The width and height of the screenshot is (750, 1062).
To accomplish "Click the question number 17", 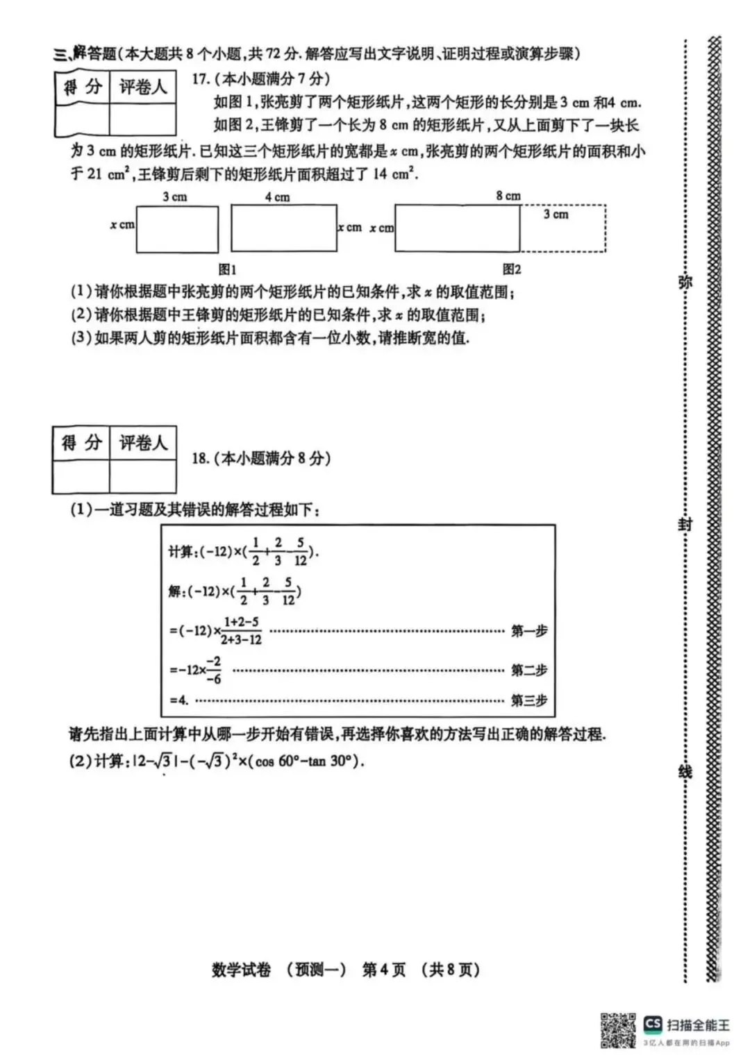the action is (x=201, y=78).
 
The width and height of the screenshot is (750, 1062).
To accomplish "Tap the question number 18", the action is (x=200, y=458).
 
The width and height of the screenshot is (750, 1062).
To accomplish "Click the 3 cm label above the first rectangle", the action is (x=174, y=197).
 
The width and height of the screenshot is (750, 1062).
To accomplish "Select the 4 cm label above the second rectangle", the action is (x=277, y=197).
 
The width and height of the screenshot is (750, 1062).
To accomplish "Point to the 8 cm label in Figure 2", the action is (x=508, y=196).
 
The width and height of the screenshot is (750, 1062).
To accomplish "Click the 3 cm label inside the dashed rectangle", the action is (x=556, y=214).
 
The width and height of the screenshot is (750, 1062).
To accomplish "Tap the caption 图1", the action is (x=227, y=269).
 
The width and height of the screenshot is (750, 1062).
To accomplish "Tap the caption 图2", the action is (x=512, y=269).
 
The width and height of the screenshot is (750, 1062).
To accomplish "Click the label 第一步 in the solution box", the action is (x=529, y=631).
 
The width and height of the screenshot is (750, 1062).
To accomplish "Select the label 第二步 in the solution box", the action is (x=529, y=670).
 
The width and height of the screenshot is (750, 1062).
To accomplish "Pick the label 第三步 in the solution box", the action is (x=529, y=700).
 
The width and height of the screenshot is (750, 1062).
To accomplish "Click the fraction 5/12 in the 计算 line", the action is (x=300, y=551).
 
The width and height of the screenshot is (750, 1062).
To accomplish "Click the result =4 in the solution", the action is (x=179, y=700).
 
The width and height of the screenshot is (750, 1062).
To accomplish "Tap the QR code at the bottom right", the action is (x=617, y=1030).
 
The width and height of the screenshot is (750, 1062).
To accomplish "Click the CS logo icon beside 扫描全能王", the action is (x=653, y=1024).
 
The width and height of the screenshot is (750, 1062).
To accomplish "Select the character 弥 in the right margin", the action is (x=685, y=282).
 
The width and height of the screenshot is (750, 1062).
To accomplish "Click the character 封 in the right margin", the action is (x=685, y=524).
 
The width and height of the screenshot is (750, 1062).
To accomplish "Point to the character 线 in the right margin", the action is (x=685, y=770).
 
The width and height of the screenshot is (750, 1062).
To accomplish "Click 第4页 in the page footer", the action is (x=383, y=970).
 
